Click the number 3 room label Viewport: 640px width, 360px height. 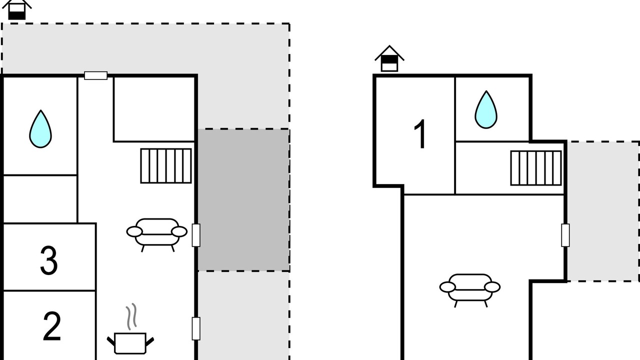pyautogui.click(x=48, y=260)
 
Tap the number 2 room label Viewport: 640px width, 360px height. pyautogui.click(x=51, y=326)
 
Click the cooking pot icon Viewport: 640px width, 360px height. pyautogui.click(x=130, y=343)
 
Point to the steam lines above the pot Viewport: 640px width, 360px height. pyautogui.click(x=131, y=316)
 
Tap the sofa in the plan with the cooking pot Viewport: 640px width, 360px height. pyautogui.click(x=157, y=233)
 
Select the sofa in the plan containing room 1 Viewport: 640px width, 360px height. pyautogui.click(x=470, y=288)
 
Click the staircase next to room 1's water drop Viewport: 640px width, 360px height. pyautogui.click(x=536, y=168)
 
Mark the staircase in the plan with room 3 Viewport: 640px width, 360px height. pyautogui.click(x=166, y=165)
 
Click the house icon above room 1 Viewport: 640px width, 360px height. pyautogui.click(x=389, y=59)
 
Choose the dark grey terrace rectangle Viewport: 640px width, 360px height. pyautogui.click(x=243, y=200)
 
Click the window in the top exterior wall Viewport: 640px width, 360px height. pyautogui.click(x=95, y=75)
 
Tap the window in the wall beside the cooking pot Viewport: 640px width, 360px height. pyautogui.click(x=196, y=328)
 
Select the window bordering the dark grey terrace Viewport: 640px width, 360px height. pyautogui.click(x=196, y=235)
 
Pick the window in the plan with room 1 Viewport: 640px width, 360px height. pyautogui.click(x=565, y=235)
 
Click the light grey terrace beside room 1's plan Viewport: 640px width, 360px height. pyautogui.click(x=603, y=211)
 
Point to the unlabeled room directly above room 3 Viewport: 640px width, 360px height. pyautogui.click(x=40, y=199)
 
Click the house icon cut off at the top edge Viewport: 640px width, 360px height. pyautogui.click(x=16, y=9)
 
